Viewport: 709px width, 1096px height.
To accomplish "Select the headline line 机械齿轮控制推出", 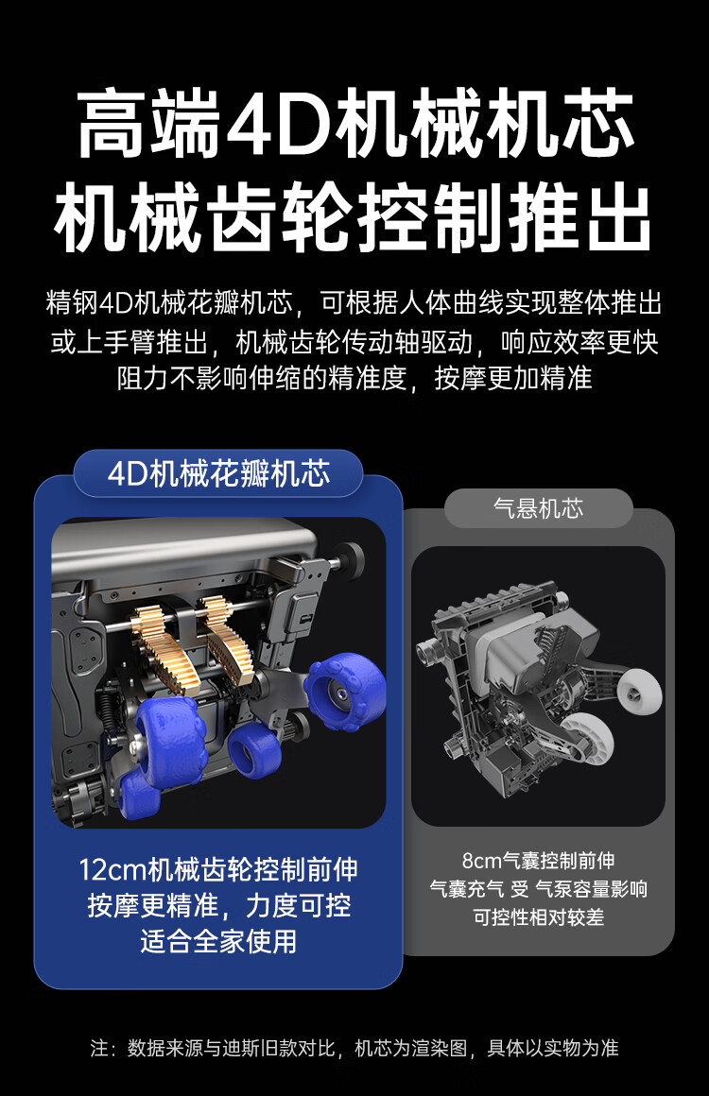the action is click(354, 217).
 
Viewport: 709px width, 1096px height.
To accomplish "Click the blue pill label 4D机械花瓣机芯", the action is click(218, 473).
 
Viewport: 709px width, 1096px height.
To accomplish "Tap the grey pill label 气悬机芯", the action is click(539, 508).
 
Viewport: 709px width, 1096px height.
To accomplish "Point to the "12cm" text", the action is click(112, 870).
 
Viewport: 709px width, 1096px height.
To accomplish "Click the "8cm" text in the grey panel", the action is click(482, 861).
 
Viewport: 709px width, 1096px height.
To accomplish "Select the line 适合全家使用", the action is click(218, 941).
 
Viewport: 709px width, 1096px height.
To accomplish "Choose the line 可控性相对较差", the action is click(539, 917).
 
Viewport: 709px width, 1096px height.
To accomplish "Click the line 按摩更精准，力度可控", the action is click(218, 906).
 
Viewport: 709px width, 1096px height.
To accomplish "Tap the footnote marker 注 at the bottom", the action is click(99, 1048).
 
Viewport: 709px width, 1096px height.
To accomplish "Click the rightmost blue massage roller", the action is click(345, 691).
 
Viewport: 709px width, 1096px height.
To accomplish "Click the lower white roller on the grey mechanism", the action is click(587, 738).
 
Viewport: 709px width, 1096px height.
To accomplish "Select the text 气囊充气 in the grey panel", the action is click(466, 889).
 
